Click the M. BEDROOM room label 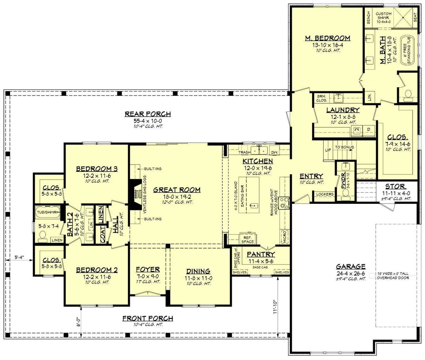coord(327,38)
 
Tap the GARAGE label coord(351,267)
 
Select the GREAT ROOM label coord(177,190)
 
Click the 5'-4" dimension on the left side coord(18,257)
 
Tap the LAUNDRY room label coord(342,110)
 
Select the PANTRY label coord(261,254)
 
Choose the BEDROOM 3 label coord(97,169)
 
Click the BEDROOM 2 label coord(97,270)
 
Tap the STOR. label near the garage coord(395,186)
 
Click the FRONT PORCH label coord(148,318)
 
